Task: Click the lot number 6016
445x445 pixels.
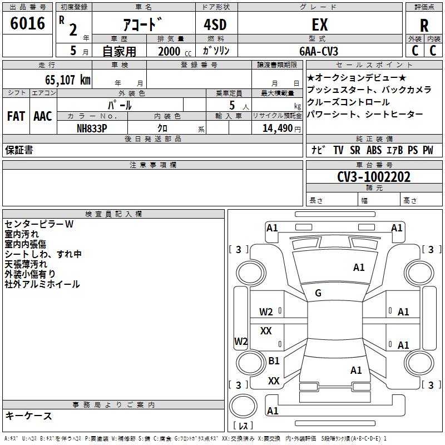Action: (x=27, y=23)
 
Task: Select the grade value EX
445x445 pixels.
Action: (x=320, y=24)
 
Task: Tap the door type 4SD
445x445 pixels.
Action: (x=215, y=24)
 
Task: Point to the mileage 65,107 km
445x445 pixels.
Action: (x=68, y=80)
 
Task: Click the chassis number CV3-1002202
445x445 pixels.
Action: (x=374, y=177)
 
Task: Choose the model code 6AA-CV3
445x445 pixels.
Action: (x=319, y=51)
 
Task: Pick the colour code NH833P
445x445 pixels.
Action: (x=92, y=128)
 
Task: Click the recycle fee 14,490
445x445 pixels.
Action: (x=278, y=128)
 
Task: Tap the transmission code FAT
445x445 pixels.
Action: (x=16, y=116)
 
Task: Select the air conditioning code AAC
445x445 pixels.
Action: (x=43, y=116)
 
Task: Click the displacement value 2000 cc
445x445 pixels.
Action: (x=175, y=52)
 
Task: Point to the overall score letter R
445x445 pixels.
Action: (x=424, y=26)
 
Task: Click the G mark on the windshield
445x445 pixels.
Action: (x=318, y=293)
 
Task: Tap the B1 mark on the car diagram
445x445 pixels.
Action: (x=274, y=360)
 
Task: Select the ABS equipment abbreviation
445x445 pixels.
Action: (x=374, y=150)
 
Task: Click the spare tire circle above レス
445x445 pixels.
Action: (x=243, y=407)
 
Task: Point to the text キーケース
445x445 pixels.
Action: (x=29, y=416)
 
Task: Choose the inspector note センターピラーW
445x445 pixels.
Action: (x=39, y=224)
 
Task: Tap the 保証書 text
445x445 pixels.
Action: (x=19, y=150)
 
